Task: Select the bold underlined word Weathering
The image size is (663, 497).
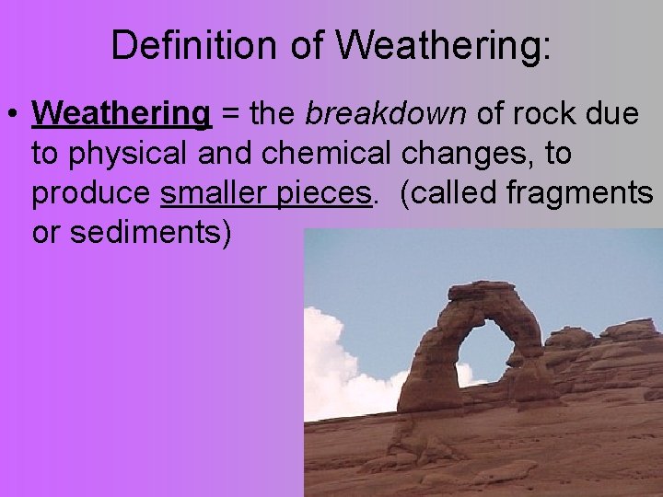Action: click(x=122, y=114)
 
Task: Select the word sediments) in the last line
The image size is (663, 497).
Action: click(x=151, y=234)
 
